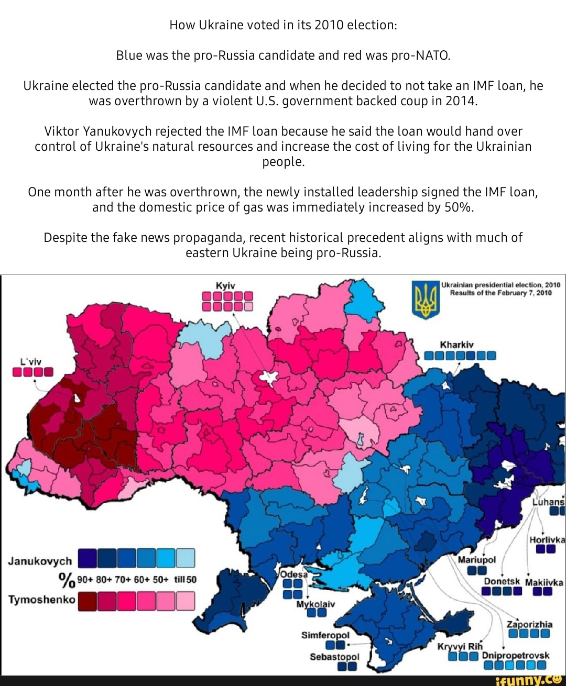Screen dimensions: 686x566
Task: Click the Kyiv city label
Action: (x=225, y=285)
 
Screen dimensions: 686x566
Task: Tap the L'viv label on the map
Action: (x=30, y=361)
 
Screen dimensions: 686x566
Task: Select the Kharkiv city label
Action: (x=456, y=345)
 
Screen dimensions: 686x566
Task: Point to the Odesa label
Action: (x=293, y=573)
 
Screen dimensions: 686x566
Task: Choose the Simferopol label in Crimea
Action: (x=325, y=635)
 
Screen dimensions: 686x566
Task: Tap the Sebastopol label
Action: (x=334, y=657)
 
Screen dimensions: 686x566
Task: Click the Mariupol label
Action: (x=476, y=559)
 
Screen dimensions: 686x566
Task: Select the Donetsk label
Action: (x=502, y=581)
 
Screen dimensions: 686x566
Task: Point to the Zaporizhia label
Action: (x=529, y=624)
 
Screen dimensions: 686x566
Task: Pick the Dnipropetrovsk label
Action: (x=515, y=655)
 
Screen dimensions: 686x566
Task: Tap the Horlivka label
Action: (x=547, y=540)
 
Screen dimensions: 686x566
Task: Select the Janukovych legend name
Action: (x=40, y=561)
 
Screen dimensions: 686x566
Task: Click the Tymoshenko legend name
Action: (x=41, y=599)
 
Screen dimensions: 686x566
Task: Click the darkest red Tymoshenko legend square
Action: (x=87, y=601)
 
